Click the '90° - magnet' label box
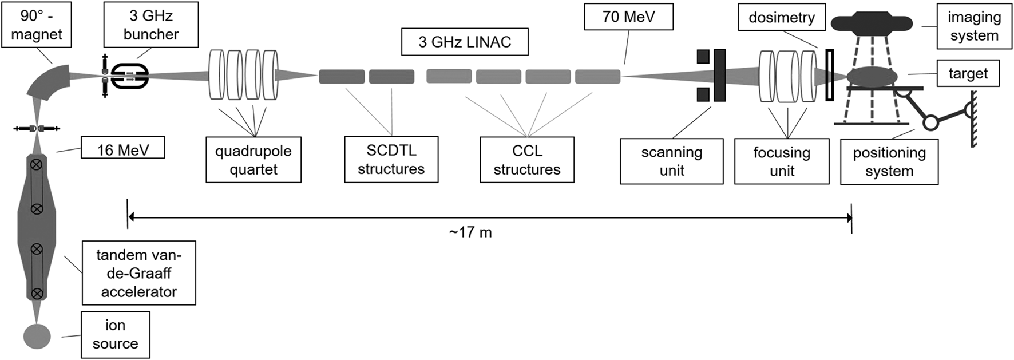(37, 25)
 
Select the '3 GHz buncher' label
(151, 25)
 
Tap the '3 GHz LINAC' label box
(465, 42)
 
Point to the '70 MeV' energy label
(628, 17)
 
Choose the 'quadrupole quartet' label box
(254, 160)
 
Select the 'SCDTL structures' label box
(391, 160)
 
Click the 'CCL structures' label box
(527, 160)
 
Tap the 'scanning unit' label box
(672, 161)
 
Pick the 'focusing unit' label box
(782, 161)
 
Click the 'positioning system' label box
(889, 161)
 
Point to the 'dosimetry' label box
(782, 17)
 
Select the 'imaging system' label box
(974, 26)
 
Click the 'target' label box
(968, 73)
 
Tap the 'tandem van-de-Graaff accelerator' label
(139, 273)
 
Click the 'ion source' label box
(116, 334)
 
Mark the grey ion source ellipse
(37, 337)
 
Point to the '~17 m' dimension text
(470, 232)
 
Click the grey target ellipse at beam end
(872, 77)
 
